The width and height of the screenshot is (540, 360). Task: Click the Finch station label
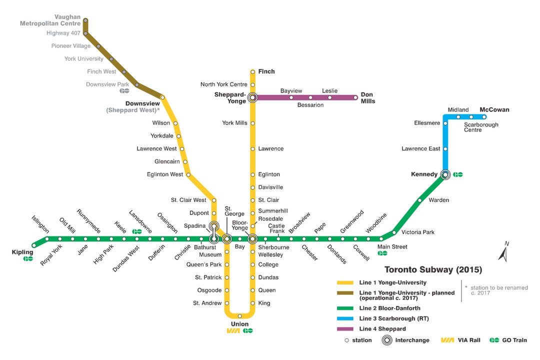click(266, 71)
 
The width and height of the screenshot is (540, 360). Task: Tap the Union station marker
click(240, 316)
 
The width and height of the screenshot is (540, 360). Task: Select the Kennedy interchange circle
click(445, 174)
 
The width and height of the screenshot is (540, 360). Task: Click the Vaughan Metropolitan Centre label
click(50, 20)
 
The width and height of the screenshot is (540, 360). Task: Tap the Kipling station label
click(22, 252)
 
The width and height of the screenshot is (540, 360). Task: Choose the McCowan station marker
click(484, 117)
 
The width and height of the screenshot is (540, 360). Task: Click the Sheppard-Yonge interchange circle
click(252, 97)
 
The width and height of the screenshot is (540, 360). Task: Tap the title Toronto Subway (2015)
click(433, 270)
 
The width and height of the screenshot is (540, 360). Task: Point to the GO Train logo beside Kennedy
click(458, 174)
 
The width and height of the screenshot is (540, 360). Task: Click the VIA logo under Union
click(233, 331)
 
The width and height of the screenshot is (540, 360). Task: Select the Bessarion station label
click(310, 105)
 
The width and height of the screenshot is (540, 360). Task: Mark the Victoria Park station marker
click(394, 232)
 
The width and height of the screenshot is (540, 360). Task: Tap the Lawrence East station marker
click(445, 148)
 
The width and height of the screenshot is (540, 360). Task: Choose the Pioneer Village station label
click(71, 46)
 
